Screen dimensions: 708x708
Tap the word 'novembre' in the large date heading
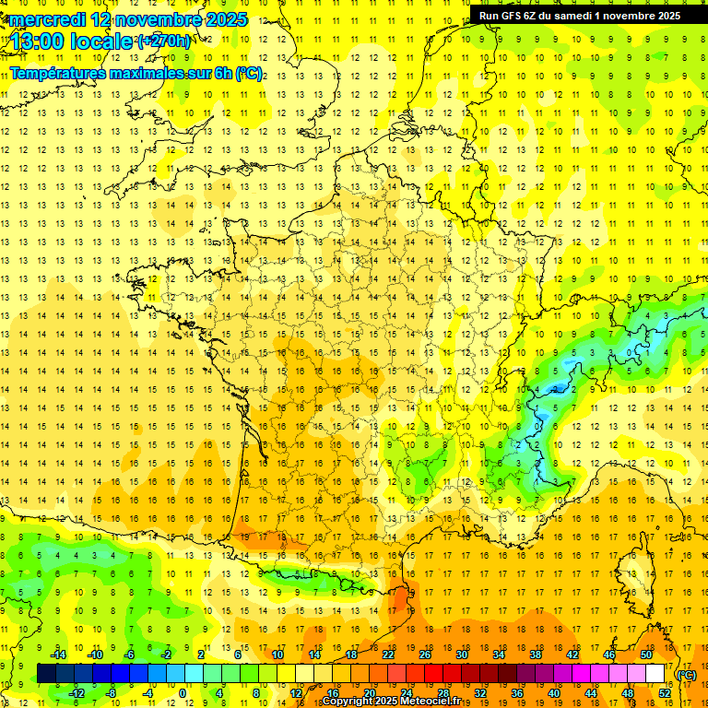pyautogui.click(x=159, y=19)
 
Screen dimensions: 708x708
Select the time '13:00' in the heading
pyautogui.click(x=38, y=41)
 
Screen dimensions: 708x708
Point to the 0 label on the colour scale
pyautogui.click(x=183, y=693)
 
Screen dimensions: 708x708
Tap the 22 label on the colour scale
pyautogui.click(x=388, y=655)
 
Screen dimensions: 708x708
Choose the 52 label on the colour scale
pyautogui.click(x=665, y=693)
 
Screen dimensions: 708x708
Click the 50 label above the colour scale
pyautogui.click(x=645, y=655)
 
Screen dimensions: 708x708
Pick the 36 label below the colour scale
pyautogui.click(x=517, y=693)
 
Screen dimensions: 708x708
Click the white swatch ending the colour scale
pyautogui.click(x=655, y=674)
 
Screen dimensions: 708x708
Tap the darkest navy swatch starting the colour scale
pyautogui.click(x=46, y=674)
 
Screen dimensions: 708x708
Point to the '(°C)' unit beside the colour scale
pyautogui.click(x=687, y=675)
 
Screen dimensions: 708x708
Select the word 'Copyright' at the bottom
pyautogui.click(x=348, y=702)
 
